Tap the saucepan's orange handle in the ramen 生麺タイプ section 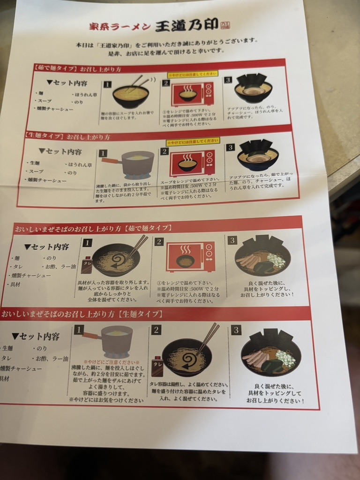pyautogui.click(x=110, y=161)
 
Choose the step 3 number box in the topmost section pyautogui.click(x=228, y=80)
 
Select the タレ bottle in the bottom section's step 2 pyautogui.click(x=157, y=366)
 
